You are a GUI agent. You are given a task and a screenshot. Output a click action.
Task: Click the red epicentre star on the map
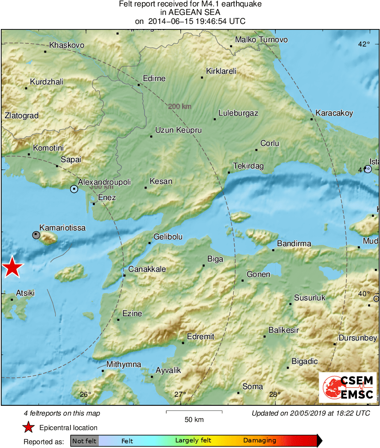click(x=12, y=267)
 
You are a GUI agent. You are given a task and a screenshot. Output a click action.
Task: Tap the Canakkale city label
click(x=147, y=269)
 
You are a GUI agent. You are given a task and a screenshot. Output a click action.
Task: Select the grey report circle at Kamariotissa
click(x=36, y=235)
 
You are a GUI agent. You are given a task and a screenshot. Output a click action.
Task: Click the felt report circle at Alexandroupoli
click(x=74, y=188)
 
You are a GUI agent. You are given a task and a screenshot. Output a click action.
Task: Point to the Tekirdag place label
click(x=248, y=166)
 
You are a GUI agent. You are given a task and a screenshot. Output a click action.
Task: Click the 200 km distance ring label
click(x=180, y=106)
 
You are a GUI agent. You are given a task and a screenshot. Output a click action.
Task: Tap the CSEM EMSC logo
click(x=348, y=387)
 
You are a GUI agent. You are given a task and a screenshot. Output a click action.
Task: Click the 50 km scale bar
click(x=194, y=412)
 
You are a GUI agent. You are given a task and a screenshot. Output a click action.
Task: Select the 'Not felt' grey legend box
click(x=84, y=441)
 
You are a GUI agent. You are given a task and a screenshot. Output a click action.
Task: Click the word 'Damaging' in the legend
click(x=259, y=441)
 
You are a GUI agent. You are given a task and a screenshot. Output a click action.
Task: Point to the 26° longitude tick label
click(x=86, y=394)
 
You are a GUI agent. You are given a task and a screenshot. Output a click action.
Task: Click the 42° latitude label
click(x=364, y=44)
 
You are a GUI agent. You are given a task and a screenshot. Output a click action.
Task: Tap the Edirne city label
click(x=154, y=79)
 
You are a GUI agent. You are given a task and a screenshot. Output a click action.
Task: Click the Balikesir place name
click(x=283, y=330)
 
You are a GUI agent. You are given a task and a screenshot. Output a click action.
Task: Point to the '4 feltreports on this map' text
click(x=62, y=413)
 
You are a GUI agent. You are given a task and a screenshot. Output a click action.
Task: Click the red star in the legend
click(x=28, y=428)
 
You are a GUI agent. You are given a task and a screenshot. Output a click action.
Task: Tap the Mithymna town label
click(x=124, y=364)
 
